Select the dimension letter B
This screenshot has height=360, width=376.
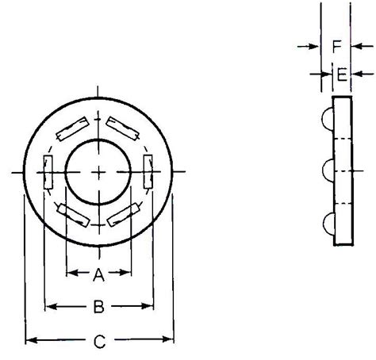pos(98,306)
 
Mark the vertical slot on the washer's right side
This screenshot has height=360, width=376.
pos(148,170)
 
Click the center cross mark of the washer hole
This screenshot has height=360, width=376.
pos(98,171)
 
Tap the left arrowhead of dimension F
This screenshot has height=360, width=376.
pos(315,47)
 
